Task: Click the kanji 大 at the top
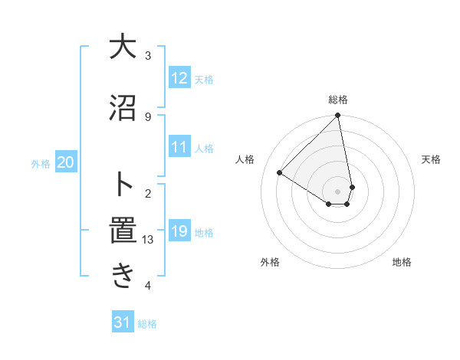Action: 122,47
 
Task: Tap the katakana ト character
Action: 122,185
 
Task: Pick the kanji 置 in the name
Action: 122,232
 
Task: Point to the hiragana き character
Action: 122,276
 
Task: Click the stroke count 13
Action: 149,240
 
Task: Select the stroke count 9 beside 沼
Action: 148,116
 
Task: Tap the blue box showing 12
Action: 179,78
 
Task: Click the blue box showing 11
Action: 179,148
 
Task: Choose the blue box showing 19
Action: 179,231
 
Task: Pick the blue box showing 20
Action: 66,162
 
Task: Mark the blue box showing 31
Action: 123,322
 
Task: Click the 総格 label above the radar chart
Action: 338,100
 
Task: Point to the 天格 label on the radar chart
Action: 432,159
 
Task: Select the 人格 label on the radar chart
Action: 245,159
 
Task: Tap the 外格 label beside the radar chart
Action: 270,263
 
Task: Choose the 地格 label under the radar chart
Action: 402,263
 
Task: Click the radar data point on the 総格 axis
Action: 338,116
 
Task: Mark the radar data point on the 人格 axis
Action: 280,172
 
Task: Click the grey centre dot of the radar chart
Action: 338,191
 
